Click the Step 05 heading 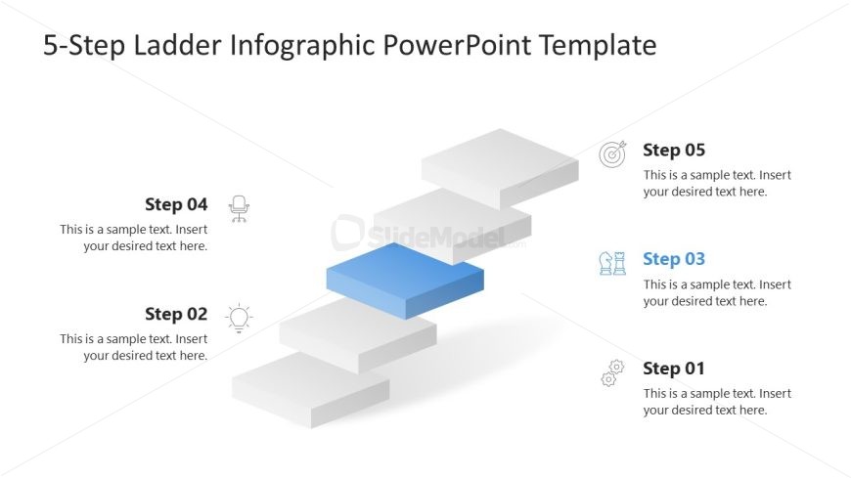[x=673, y=151]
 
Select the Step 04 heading [x=176, y=204]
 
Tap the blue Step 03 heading [x=673, y=259]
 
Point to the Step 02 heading [x=176, y=314]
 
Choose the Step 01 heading [x=673, y=369]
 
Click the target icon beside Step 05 [x=612, y=153]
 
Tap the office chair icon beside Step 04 [x=239, y=208]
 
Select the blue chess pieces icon [x=612, y=262]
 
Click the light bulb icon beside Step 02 [x=239, y=318]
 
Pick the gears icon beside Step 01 [x=612, y=372]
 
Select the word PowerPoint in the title [x=457, y=45]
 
